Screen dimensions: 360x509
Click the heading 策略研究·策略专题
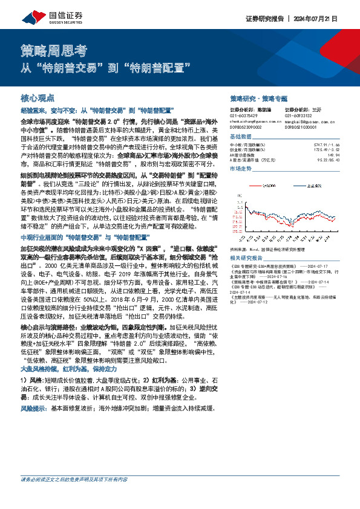[x=258, y=98]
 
